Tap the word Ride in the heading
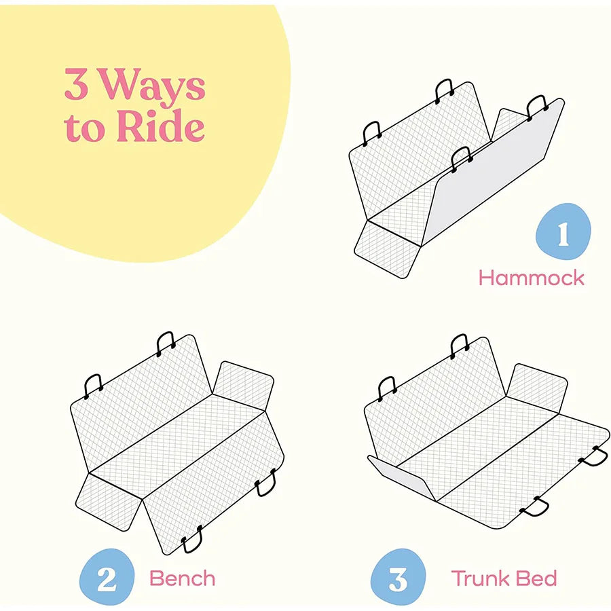(160, 127)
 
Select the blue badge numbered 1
(563, 232)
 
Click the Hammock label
(531, 278)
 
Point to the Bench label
(182, 579)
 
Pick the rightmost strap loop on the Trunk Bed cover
(593, 456)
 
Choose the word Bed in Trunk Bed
(537, 579)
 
